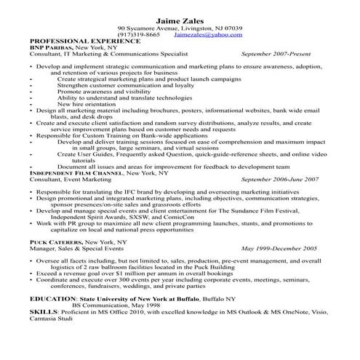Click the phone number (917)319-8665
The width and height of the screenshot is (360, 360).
tap(138, 34)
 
